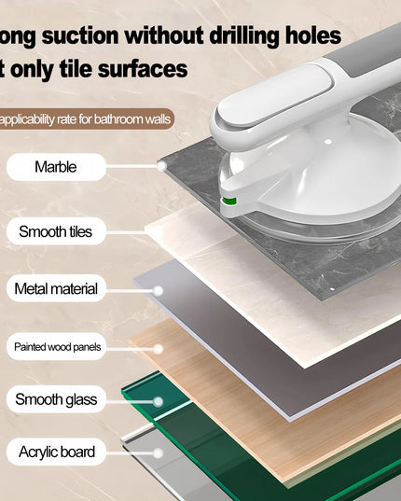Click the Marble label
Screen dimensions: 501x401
click(x=56, y=167)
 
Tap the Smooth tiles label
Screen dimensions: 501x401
click(x=56, y=231)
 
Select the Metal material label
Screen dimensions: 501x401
click(x=56, y=289)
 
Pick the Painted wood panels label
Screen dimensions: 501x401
click(x=56, y=347)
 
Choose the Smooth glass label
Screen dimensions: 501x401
click(x=56, y=400)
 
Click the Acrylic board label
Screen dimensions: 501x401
click(x=56, y=452)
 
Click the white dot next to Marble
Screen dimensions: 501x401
click(x=161, y=166)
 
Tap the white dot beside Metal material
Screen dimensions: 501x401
click(x=158, y=290)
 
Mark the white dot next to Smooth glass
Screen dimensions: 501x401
click(x=158, y=401)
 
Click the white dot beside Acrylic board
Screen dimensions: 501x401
click(x=158, y=452)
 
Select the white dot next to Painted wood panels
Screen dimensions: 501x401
click(x=158, y=348)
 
